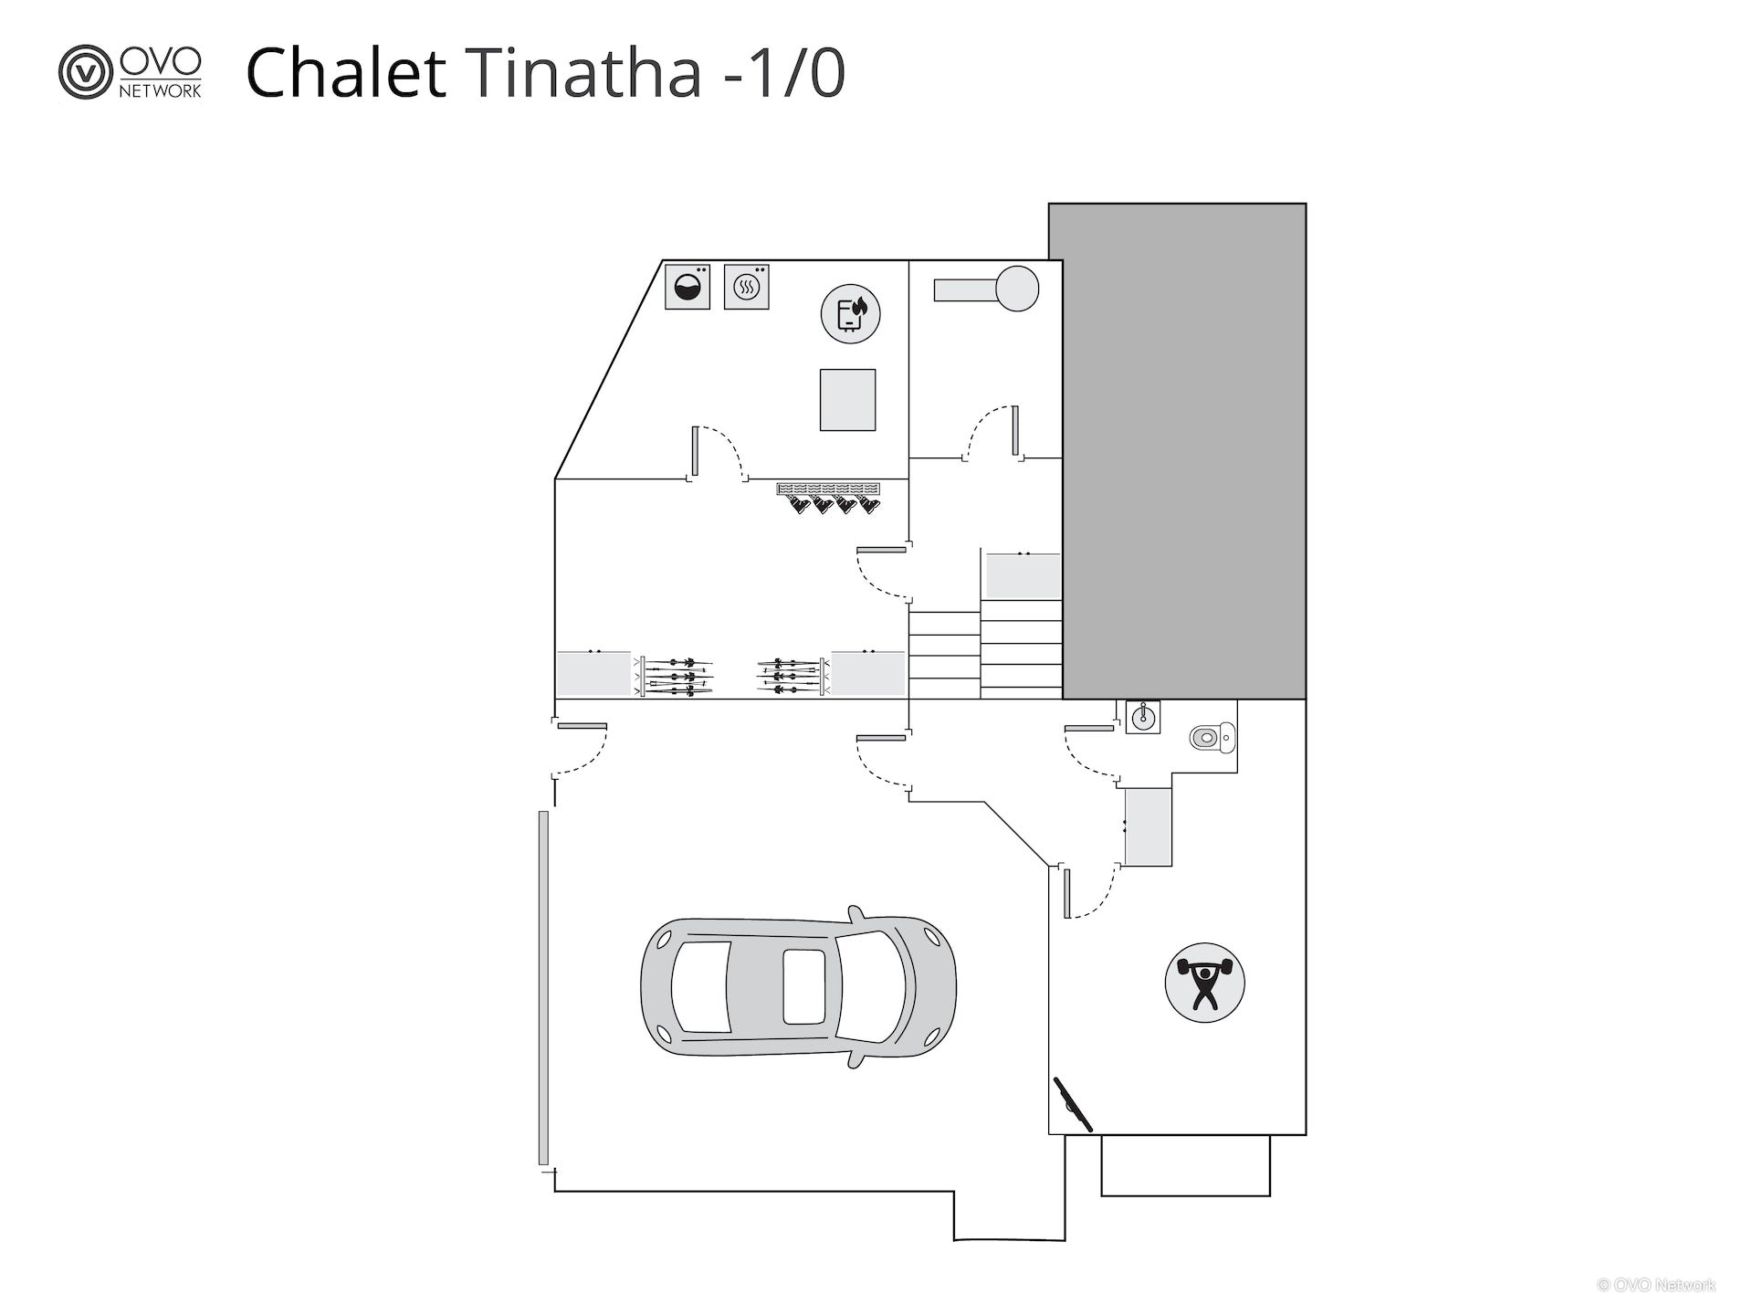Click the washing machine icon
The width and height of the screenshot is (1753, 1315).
click(x=688, y=287)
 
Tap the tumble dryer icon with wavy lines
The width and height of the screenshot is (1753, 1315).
click(x=747, y=287)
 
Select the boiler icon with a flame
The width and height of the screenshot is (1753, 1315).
click(x=850, y=313)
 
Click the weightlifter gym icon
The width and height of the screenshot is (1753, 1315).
click(x=1205, y=983)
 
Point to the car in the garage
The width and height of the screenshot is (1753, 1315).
click(x=799, y=986)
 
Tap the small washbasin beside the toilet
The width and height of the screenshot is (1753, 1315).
click(x=1143, y=718)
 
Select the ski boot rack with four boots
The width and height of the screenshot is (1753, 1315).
click(x=828, y=498)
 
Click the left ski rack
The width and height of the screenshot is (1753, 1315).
click(x=676, y=676)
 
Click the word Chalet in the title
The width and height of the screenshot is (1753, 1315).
click(x=346, y=72)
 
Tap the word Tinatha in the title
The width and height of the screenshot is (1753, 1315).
click(x=587, y=72)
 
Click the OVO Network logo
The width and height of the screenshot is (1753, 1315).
click(x=131, y=71)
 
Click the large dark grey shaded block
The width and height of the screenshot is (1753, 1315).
click(x=1178, y=451)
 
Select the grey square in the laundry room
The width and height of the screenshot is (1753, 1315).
click(x=847, y=399)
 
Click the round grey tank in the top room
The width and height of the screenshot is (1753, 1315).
click(x=1017, y=289)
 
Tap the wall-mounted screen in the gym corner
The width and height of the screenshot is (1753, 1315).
click(x=1074, y=1104)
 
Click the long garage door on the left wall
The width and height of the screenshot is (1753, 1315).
click(x=543, y=988)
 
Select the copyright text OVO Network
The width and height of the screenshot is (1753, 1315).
click(x=1656, y=1285)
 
